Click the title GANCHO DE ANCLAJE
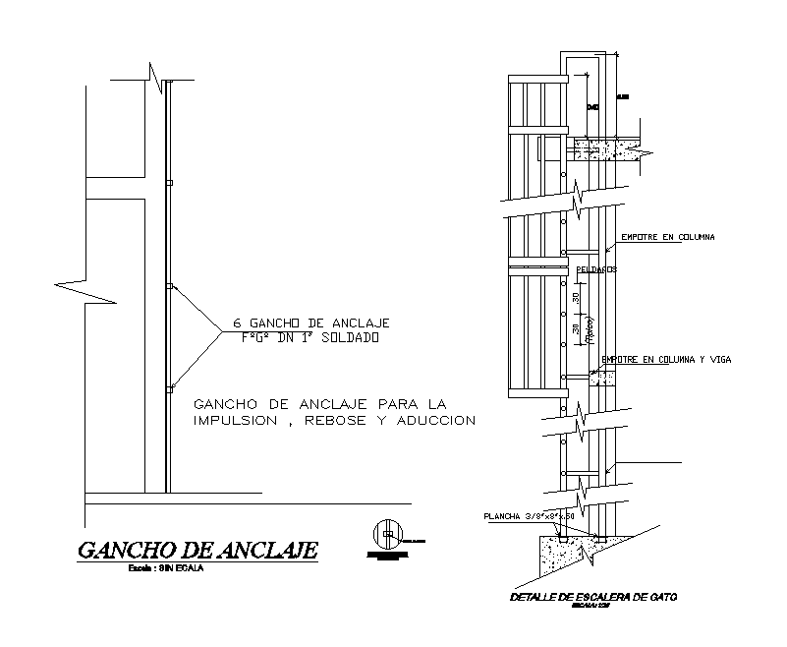click(197, 550)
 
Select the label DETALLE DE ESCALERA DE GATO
click(582, 597)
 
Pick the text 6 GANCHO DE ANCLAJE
click(311, 323)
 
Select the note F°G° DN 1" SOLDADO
click(310, 337)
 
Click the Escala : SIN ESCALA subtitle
click(165, 569)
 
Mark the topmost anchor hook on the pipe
click(170, 183)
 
